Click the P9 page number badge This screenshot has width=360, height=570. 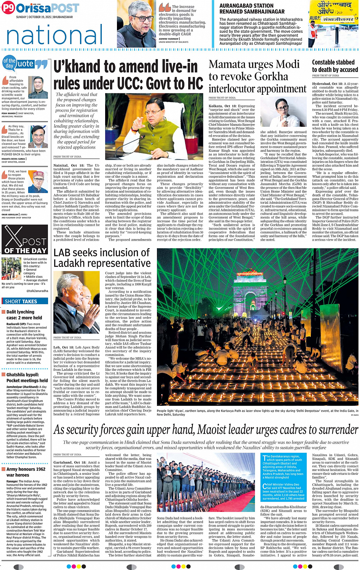click(8, 8)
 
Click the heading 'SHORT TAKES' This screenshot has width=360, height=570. click(21, 301)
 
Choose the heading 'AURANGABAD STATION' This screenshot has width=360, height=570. click(246, 6)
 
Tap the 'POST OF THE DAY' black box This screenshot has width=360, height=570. click(25, 239)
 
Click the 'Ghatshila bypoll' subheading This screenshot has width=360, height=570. click(22, 375)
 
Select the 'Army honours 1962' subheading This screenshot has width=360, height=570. click(26, 469)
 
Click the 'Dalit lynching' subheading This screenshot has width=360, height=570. click(20, 312)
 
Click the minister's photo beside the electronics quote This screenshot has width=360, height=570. click(136, 24)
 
